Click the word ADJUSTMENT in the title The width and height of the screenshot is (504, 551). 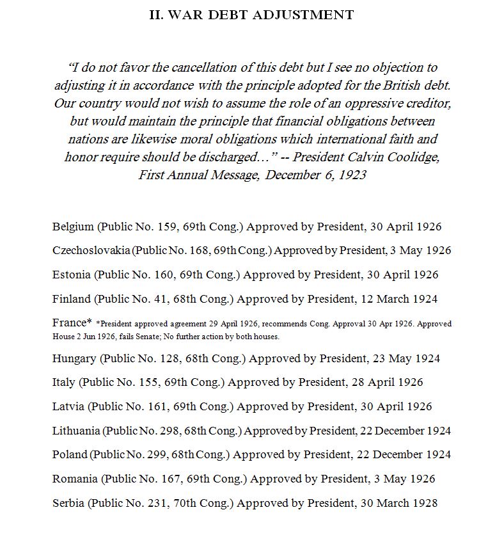pyautogui.click(x=303, y=15)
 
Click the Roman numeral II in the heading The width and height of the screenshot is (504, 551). pyautogui.click(x=156, y=15)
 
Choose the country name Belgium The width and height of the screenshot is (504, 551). pyautogui.click(x=73, y=227)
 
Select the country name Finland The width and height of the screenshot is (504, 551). pyautogui.click(x=72, y=299)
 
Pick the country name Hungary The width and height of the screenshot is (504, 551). pyautogui.click(x=74, y=358)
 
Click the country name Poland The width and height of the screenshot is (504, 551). pyautogui.click(x=70, y=455)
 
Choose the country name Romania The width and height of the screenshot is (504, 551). pyautogui.click(x=75, y=479)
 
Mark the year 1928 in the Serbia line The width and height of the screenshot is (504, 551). pyautogui.click(x=424, y=503)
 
